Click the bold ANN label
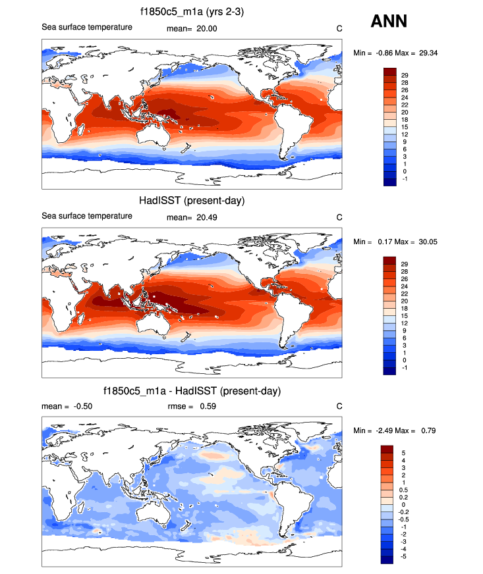389,22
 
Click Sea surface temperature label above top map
87,27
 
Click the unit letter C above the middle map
339,217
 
